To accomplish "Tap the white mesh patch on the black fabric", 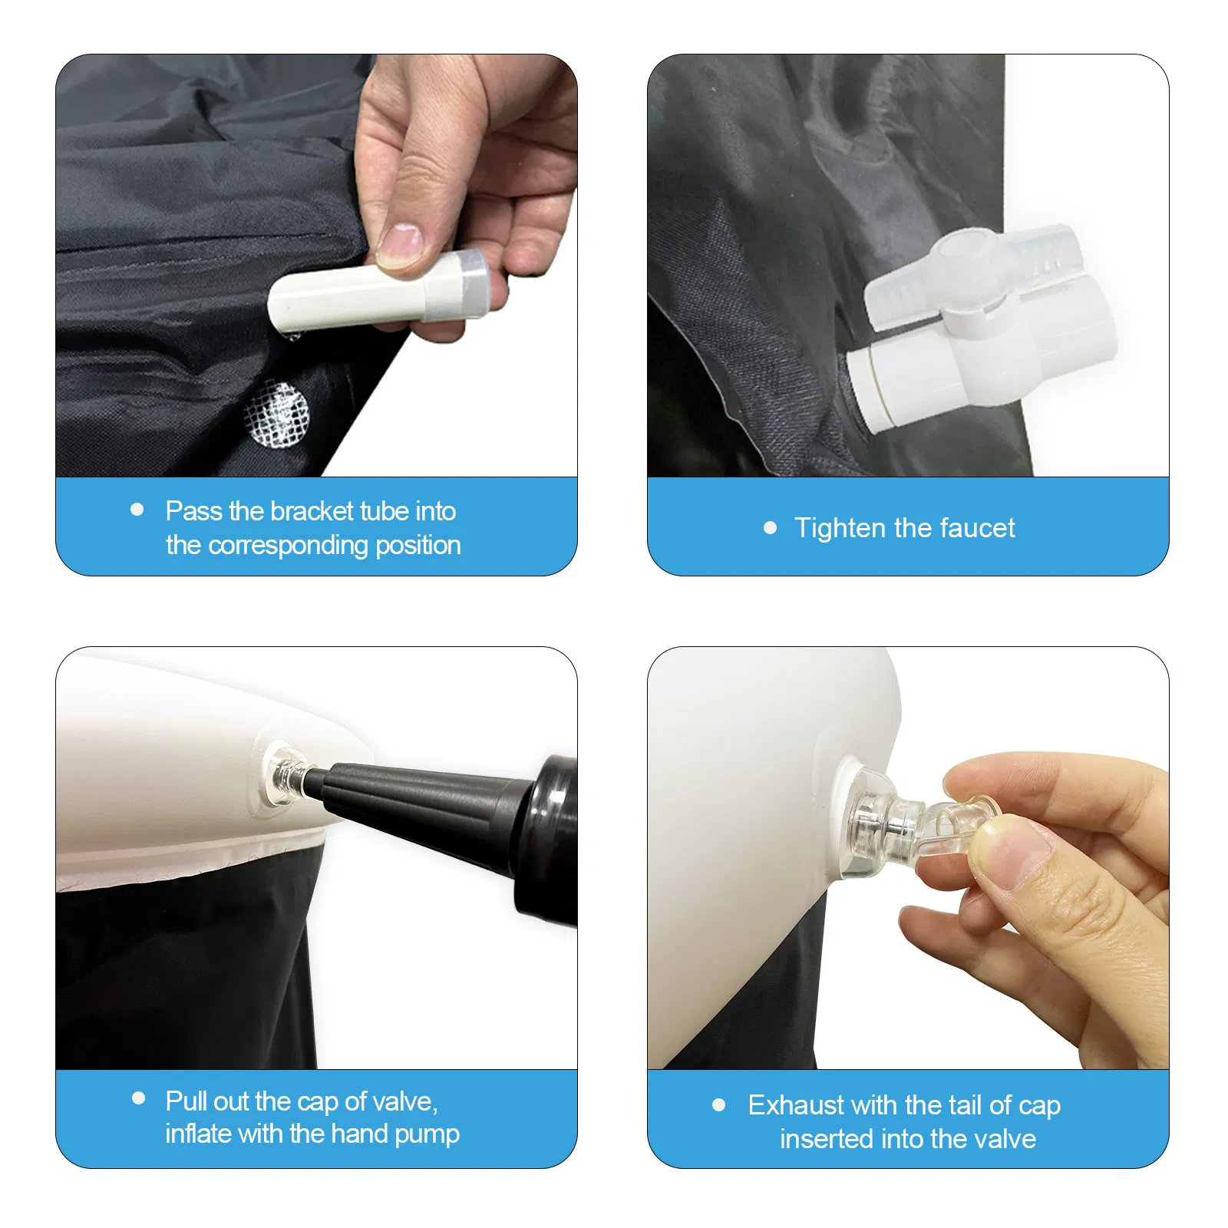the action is coord(276,414).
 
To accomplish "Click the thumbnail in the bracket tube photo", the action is coord(400,244).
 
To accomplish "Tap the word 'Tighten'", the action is coord(840,528).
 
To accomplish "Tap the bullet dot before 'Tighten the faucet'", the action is coord(771,528).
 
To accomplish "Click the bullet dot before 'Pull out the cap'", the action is coord(139,1098).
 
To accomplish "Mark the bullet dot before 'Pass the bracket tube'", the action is coord(137,510).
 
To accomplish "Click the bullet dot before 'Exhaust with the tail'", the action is coord(719,1105).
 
